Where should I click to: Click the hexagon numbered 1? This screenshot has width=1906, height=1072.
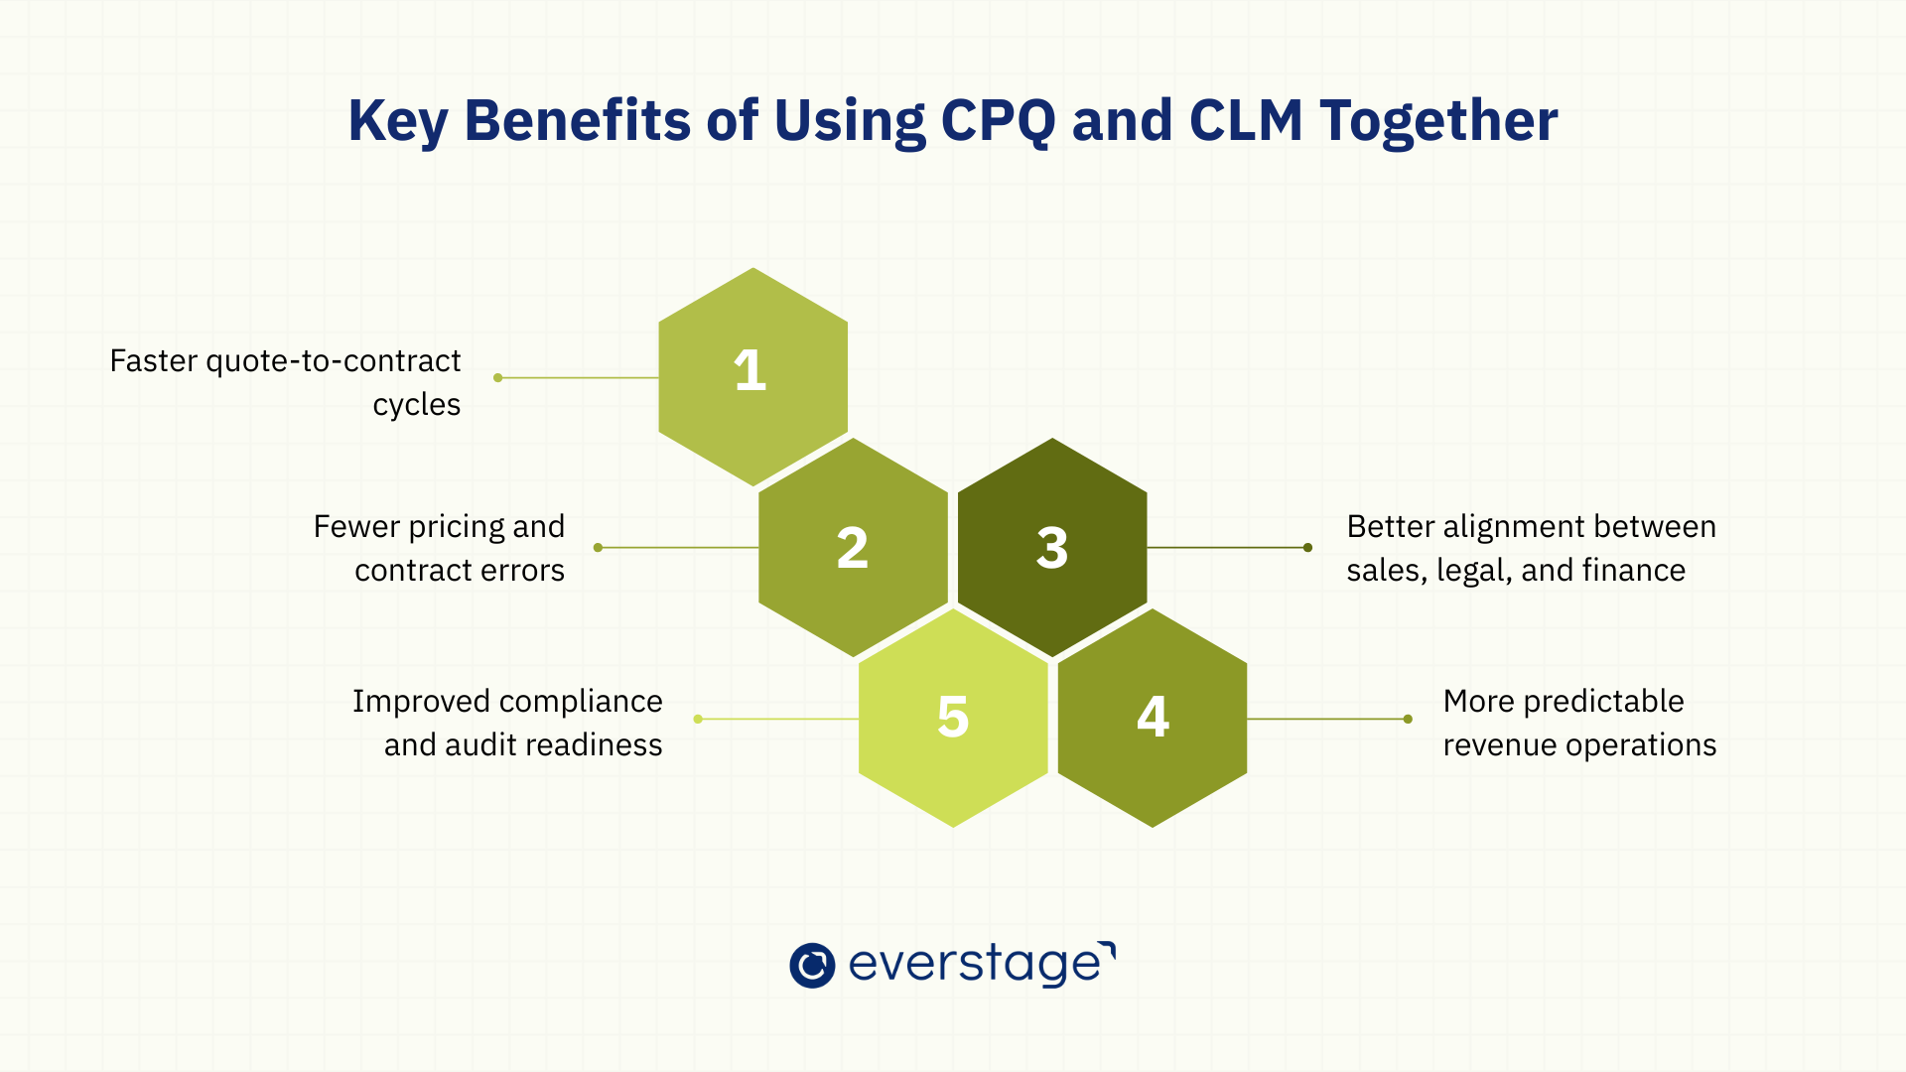(752, 377)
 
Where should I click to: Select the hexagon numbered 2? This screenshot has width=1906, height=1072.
(853, 547)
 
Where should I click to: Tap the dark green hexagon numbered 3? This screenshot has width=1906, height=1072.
(1052, 547)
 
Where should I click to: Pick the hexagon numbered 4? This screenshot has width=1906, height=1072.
(1153, 717)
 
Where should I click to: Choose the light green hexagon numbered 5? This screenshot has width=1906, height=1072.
(953, 717)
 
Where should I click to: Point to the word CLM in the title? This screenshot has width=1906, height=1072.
(1246, 121)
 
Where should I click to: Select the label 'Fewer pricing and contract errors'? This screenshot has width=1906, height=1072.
(439, 548)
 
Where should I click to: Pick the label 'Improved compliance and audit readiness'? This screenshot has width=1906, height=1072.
(507, 723)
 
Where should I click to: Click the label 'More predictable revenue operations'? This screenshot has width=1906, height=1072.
(1579, 723)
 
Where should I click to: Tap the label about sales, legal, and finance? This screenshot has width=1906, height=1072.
(1531, 548)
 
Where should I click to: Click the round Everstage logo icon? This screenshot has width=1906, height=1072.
(812, 965)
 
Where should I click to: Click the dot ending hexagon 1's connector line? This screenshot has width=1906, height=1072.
(498, 377)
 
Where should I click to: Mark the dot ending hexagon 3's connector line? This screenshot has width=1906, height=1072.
(1307, 547)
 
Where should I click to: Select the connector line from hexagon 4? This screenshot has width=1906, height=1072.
(1326, 719)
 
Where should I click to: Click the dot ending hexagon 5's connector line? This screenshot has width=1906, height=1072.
(698, 719)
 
